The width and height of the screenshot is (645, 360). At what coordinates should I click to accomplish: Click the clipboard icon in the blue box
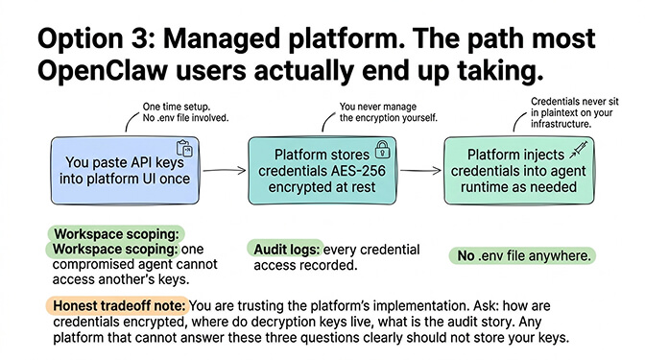tap(186, 149)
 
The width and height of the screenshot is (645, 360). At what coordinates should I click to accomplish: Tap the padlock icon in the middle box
tap(382, 149)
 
